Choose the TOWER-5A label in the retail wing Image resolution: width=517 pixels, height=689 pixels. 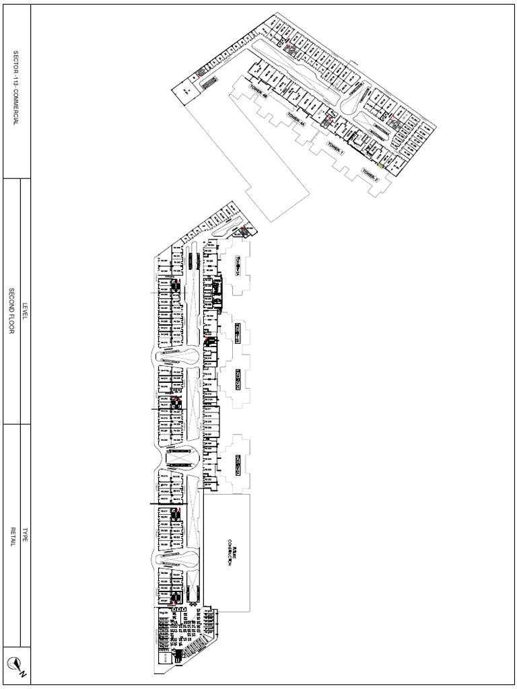pos(238,266)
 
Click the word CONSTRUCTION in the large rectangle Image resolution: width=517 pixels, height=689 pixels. pos(230,552)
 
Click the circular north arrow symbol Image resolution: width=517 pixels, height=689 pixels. pos(13,663)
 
